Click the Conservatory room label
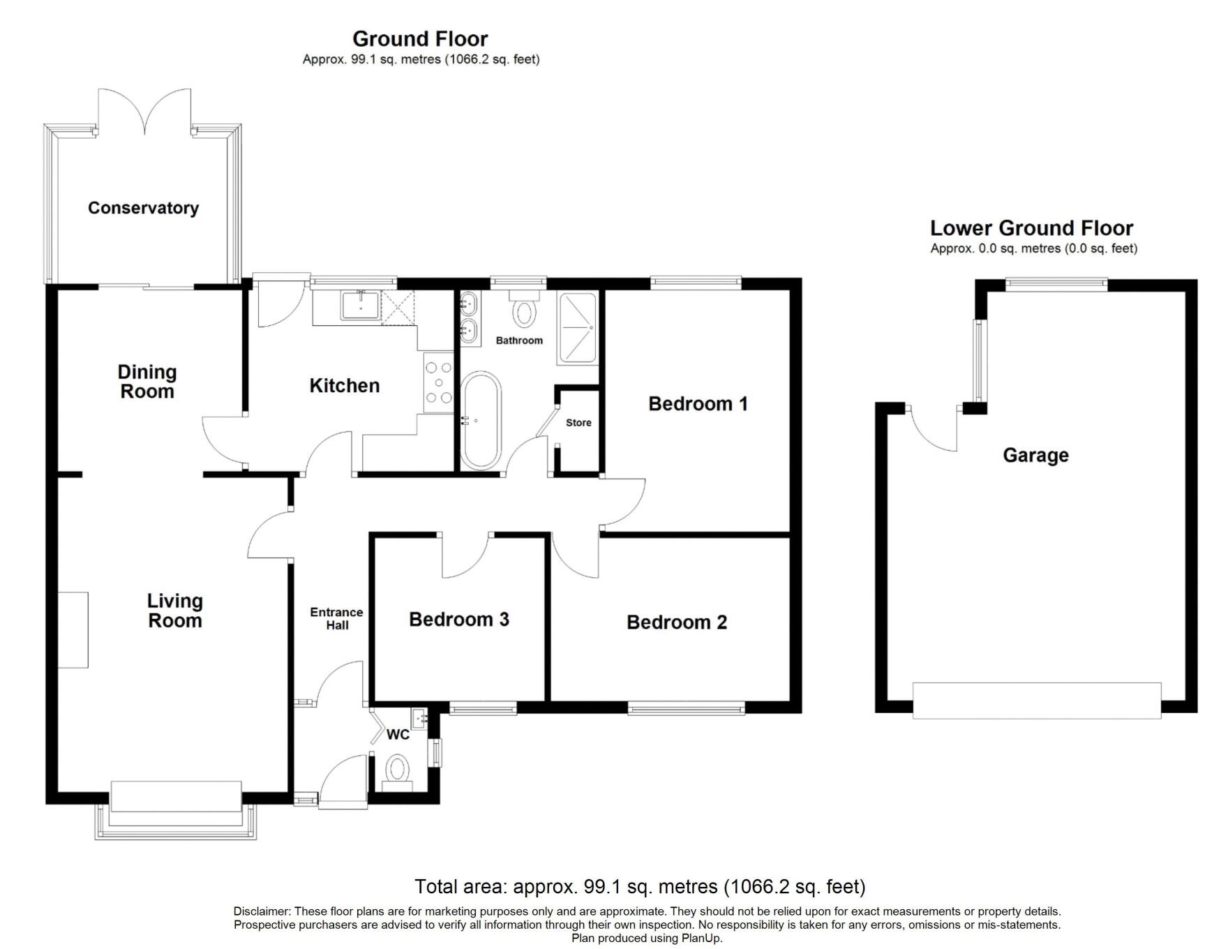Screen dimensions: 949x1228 tap(143, 208)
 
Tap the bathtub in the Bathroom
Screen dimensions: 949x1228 tap(481, 421)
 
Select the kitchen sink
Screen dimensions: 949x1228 tap(360, 306)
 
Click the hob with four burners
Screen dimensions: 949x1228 tap(439, 382)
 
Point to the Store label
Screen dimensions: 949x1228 tap(578, 423)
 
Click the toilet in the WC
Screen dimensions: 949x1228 tap(397, 770)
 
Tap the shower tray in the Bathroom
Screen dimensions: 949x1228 tap(577, 328)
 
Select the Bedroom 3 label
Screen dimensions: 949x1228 tap(458, 620)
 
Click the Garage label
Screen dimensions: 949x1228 tap(1035, 456)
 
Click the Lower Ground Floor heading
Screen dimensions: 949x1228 tap(1031, 228)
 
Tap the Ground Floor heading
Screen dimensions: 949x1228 tap(420, 39)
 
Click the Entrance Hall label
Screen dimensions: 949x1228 tap(336, 618)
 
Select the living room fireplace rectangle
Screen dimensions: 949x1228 tap(73, 629)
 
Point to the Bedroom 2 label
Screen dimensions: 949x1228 tap(676, 622)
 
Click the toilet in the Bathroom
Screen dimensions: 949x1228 tap(524, 312)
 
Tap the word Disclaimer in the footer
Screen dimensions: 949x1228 tap(262, 911)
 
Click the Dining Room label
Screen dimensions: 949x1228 tap(147, 382)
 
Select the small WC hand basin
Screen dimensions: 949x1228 tap(419, 717)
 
